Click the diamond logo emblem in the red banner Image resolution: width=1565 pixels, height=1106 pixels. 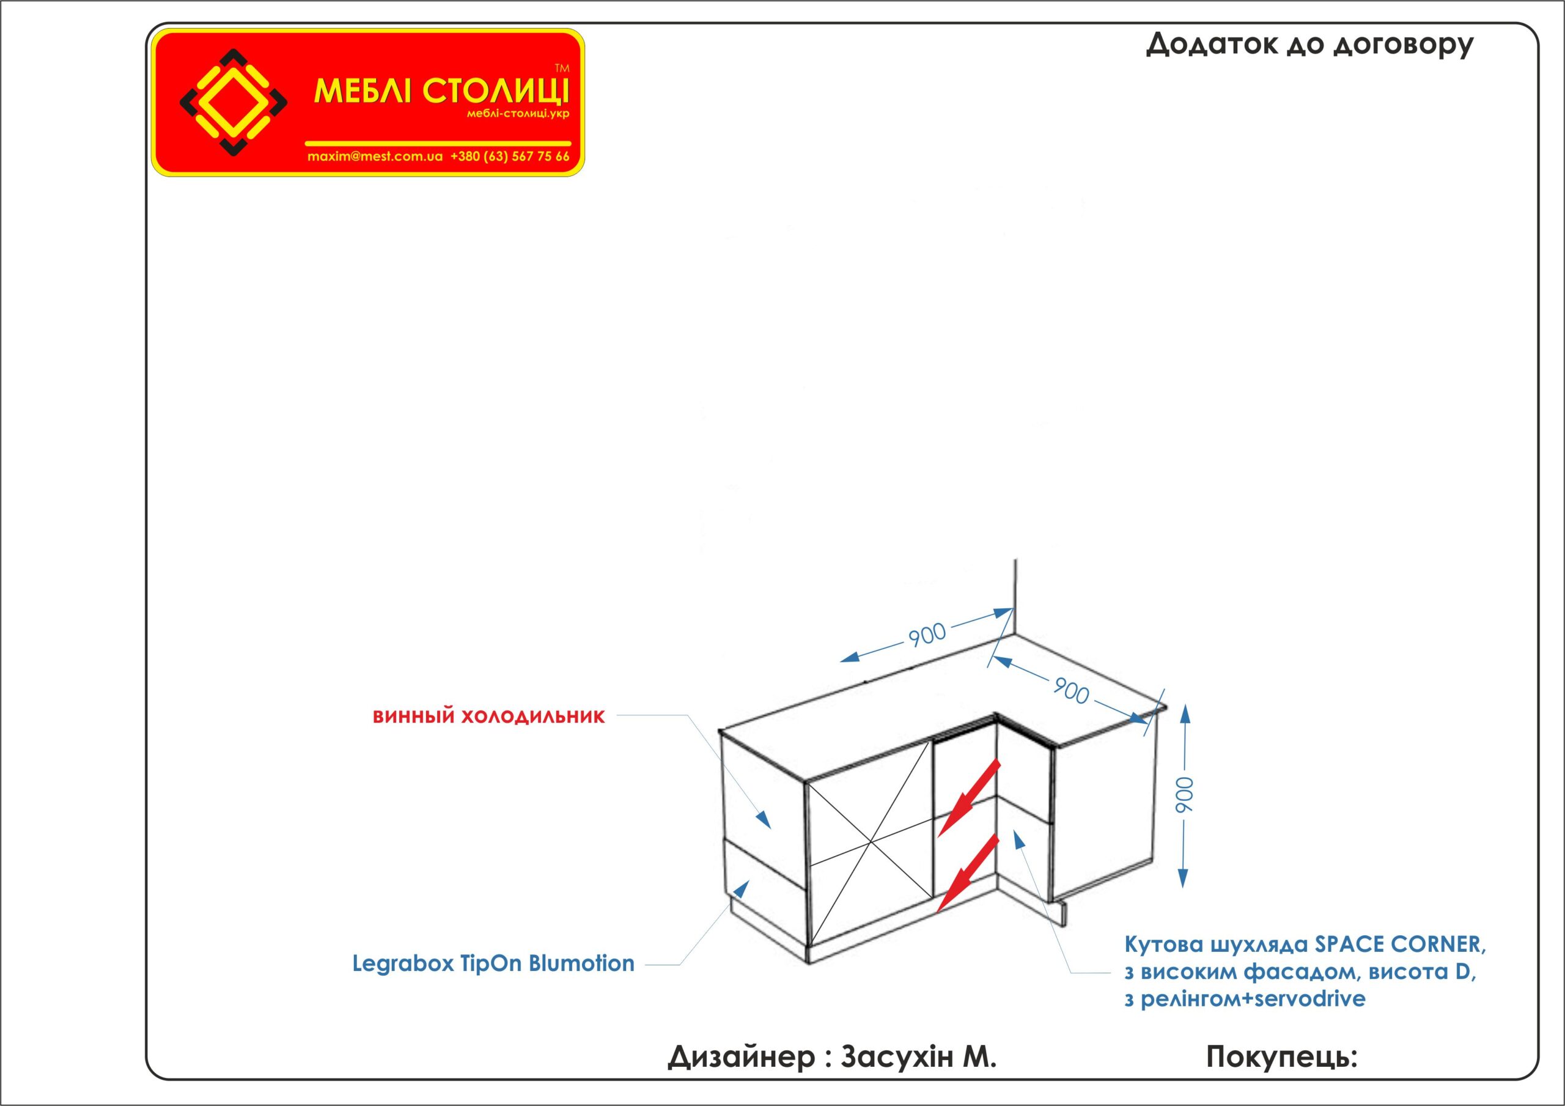pyautogui.click(x=233, y=102)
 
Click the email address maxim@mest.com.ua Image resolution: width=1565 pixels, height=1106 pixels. pyautogui.click(x=375, y=156)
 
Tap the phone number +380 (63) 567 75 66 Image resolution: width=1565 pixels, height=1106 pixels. pyautogui.click(x=510, y=156)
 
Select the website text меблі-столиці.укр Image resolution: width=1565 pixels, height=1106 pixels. pyautogui.click(x=517, y=114)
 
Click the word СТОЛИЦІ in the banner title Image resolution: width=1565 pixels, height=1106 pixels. pyautogui.click(x=496, y=90)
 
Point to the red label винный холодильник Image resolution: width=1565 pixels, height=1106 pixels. pyautogui.click(x=488, y=717)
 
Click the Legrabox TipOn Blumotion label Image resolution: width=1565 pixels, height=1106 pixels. pyautogui.click(x=493, y=963)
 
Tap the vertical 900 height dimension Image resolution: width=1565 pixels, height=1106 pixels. pyautogui.click(x=1184, y=795)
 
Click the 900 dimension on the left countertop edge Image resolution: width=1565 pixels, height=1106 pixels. pyautogui.click(x=927, y=634)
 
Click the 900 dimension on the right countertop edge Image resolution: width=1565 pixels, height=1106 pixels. pyautogui.click(x=1071, y=691)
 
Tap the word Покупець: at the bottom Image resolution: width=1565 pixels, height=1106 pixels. pyautogui.click(x=1281, y=1057)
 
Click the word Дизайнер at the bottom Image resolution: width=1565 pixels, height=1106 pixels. pyautogui.click(x=741, y=1057)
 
